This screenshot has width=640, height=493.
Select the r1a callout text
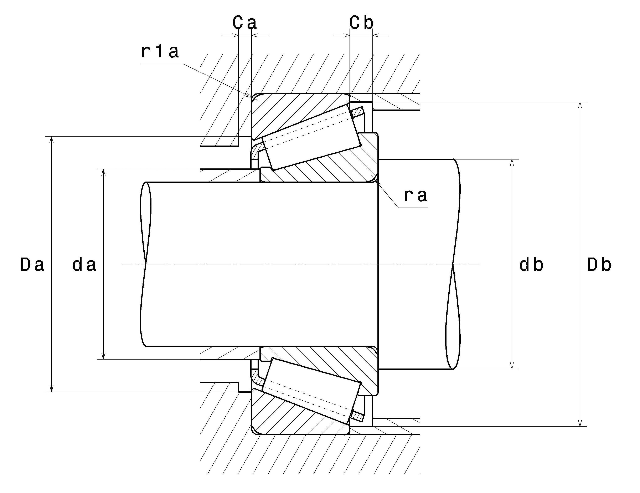pos(160,52)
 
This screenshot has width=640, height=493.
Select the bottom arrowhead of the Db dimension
pos(580,422)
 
